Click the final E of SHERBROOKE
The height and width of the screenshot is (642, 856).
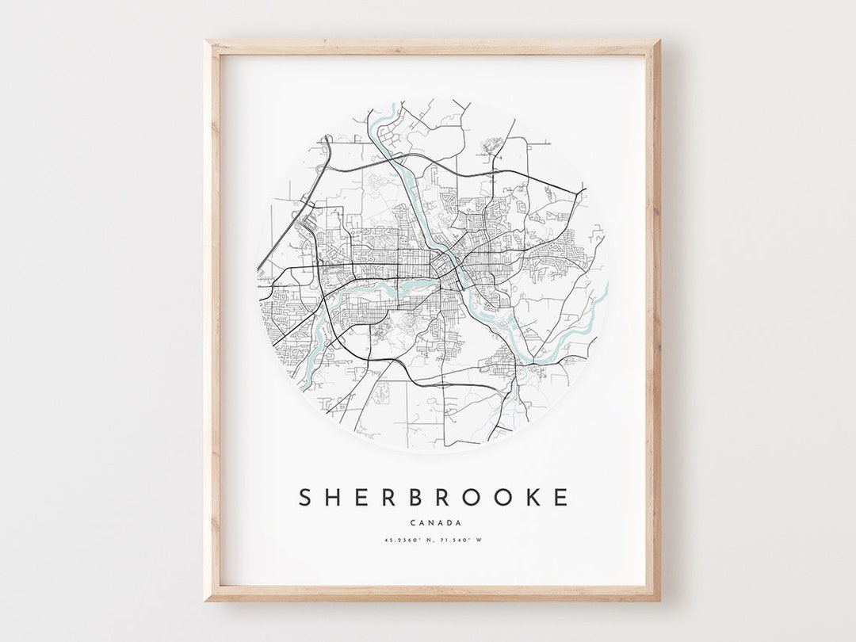(560, 498)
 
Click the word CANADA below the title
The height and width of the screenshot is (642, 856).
(432, 522)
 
